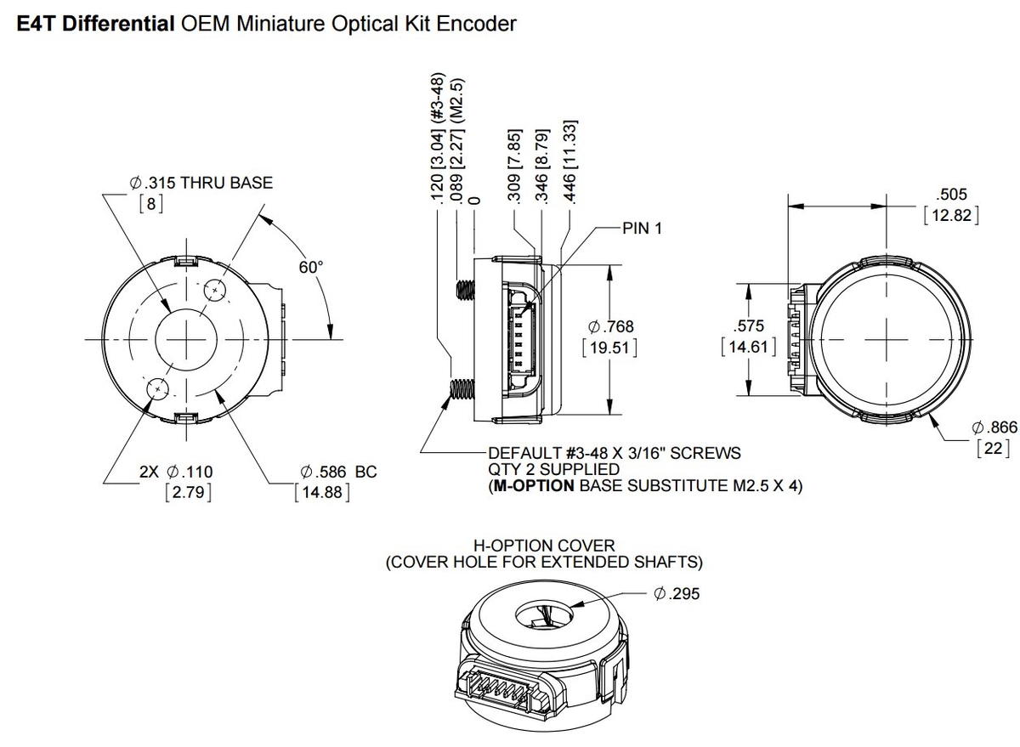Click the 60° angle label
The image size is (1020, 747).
tap(311, 267)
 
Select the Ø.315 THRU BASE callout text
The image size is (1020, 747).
tap(201, 182)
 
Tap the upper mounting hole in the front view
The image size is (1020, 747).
tap(216, 291)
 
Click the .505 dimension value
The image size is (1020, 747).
tap(950, 195)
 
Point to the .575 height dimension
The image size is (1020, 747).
tap(747, 325)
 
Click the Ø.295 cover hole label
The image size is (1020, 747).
tap(677, 594)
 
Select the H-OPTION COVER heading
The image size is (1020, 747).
tap(544, 545)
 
